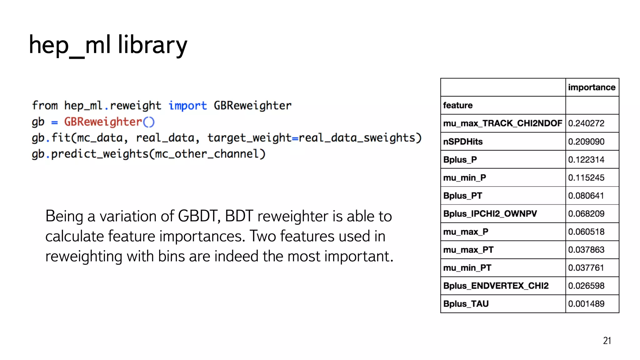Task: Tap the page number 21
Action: click(607, 341)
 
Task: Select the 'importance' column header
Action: click(592, 87)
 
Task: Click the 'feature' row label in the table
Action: click(458, 105)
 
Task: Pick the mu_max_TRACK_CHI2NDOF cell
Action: click(502, 123)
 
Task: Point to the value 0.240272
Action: click(586, 123)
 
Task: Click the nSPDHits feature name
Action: click(463, 142)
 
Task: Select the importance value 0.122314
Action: click(586, 160)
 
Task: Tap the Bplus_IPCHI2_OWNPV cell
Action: click(490, 214)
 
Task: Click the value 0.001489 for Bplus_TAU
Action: click(586, 304)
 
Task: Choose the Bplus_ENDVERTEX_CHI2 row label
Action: click(496, 286)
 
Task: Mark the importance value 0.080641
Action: click(586, 196)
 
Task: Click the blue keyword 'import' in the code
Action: click(187, 106)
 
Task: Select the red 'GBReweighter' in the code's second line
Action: click(103, 122)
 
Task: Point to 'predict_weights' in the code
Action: click(100, 154)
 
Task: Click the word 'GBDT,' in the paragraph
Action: click(199, 216)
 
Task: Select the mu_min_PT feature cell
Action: click(467, 268)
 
